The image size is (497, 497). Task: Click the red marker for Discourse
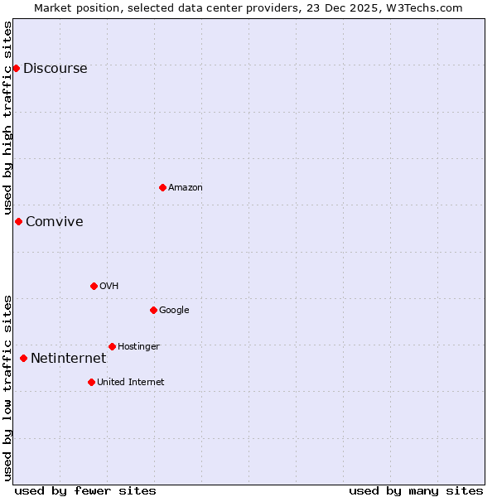[17, 68]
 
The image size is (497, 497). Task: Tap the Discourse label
[55, 69]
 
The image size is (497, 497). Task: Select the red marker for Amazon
[162, 187]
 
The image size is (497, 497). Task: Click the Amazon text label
[186, 188]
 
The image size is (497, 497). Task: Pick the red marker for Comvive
[18, 221]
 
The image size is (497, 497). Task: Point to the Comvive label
[54, 222]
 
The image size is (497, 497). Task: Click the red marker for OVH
[94, 286]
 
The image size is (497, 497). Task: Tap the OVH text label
[109, 287]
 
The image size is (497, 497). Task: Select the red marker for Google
[153, 310]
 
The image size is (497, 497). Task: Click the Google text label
[174, 311]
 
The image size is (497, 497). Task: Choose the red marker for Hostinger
[112, 346]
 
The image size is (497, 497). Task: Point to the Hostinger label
[138, 347]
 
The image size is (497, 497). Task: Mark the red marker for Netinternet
[23, 358]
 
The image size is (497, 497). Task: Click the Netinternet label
[68, 359]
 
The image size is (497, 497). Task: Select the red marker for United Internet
[91, 382]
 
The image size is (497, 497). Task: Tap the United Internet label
[130, 383]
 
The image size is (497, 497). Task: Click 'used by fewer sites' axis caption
[85, 491]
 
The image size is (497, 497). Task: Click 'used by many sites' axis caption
[416, 491]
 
